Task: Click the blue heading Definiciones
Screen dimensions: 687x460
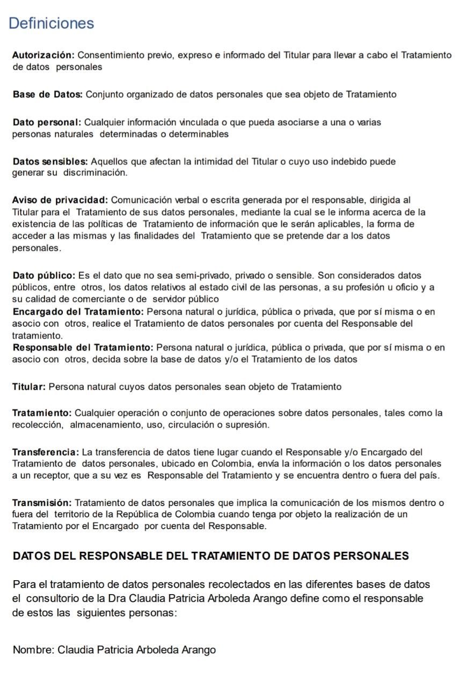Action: click(x=52, y=24)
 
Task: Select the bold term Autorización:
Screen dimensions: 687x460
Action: click(x=42, y=55)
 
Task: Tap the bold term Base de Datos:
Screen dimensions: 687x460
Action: click(x=47, y=94)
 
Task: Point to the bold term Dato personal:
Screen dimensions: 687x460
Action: click(x=47, y=122)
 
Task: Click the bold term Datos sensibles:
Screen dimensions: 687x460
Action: click(x=50, y=161)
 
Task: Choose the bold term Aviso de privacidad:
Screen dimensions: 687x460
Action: click(x=60, y=201)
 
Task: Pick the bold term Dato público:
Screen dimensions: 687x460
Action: click(x=44, y=276)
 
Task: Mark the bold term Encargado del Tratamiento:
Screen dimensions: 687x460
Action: click(x=78, y=311)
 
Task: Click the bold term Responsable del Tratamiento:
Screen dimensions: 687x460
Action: click(x=83, y=347)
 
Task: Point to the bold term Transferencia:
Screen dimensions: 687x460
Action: click(x=46, y=452)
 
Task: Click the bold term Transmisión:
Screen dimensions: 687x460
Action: click(x=42, y=502)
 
